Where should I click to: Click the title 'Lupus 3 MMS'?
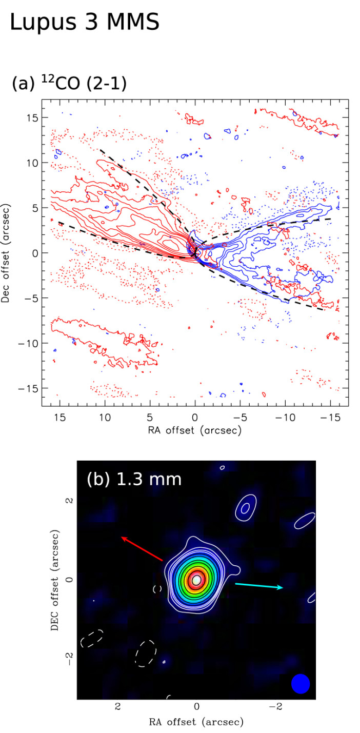pos(85,23)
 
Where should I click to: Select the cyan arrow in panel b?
pos(259,586)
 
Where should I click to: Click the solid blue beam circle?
pos(301,683)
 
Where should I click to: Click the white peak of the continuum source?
pos(196,580)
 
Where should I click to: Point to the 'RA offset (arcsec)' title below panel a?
pos(195,430)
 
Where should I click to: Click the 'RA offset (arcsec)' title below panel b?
pos(196,722)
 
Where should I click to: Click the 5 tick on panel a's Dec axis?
pos(33,208)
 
